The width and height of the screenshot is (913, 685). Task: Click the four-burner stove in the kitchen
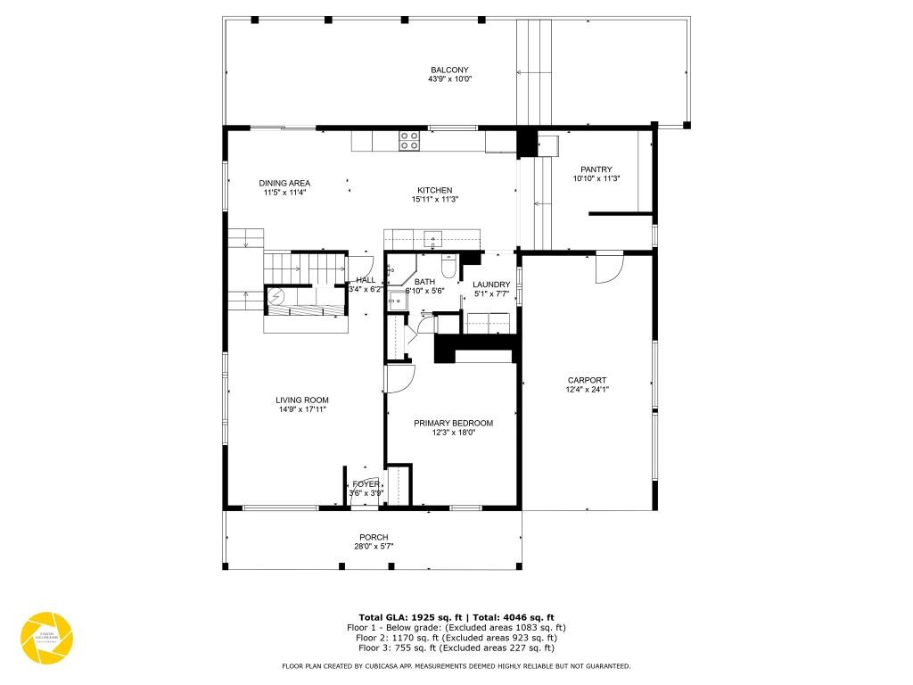click(408, 141)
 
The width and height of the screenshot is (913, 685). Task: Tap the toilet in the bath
click(448, 266)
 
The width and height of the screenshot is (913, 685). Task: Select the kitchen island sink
click(433, 238)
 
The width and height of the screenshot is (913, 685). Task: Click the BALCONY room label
click(449, 70)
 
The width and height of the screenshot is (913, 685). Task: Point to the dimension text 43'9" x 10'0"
click(449, 79)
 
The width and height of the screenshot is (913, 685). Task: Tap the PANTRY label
click(596, 169)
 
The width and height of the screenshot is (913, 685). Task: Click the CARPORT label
click(587, 379)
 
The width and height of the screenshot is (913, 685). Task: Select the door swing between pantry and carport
click(608, 268)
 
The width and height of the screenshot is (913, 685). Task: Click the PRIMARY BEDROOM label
click(453, 423)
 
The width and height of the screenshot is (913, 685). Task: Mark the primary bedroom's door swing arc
click(399, 378)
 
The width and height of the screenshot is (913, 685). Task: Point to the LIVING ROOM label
click(302, 400)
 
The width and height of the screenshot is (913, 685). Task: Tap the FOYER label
click(366, 483)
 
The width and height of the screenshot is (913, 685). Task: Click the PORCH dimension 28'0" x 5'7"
click(374, 546)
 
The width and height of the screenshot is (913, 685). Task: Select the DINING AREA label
click(284, 183)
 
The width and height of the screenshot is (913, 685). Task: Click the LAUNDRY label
click(491, 285)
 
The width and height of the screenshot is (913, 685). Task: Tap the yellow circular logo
click(46, 639)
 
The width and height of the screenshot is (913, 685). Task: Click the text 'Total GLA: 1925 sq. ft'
click(407, 617)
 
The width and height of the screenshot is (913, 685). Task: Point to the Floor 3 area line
click(456, 648)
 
